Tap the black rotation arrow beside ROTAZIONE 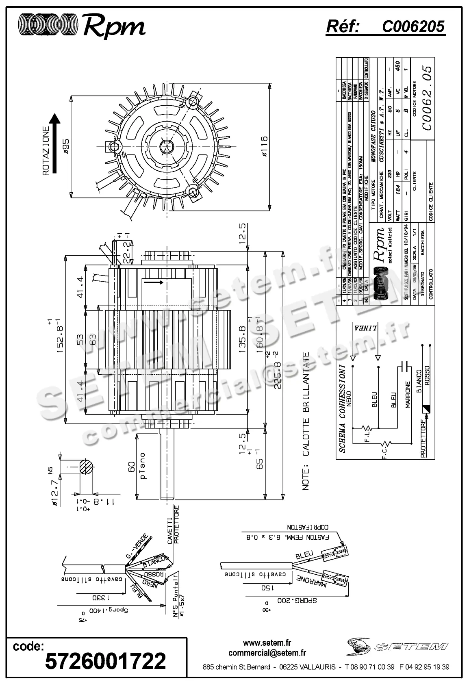point(54,142)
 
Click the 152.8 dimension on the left point(61,337)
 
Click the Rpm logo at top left point(81,27)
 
